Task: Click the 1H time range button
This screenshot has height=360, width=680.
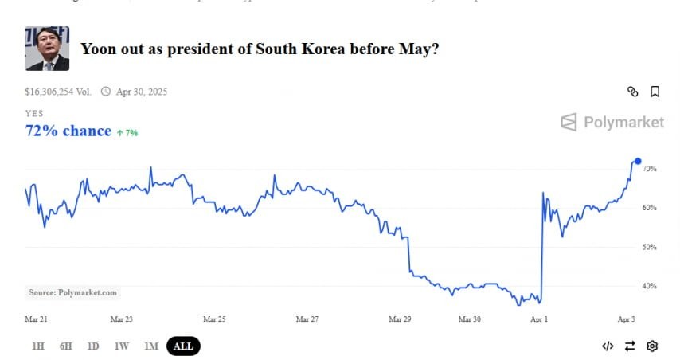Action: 38,346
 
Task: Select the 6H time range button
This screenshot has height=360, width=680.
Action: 65,346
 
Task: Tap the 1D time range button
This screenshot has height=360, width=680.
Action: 93,346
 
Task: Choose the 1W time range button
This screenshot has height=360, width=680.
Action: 122,346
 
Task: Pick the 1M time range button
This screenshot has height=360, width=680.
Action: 151,346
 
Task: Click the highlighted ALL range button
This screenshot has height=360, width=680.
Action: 183,346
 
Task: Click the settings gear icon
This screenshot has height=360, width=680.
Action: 652,346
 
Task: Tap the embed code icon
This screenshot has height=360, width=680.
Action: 608,346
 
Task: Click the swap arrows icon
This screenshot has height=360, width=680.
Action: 630,346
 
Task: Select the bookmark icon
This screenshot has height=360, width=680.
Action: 655,92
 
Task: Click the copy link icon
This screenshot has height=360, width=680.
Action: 633,92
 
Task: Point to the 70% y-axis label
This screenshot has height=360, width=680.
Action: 649,169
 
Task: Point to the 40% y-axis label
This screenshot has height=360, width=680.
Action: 649,286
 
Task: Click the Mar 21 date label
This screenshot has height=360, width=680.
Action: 37,319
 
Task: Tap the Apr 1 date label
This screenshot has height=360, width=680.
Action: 539,319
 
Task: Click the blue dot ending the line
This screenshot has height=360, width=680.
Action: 638,161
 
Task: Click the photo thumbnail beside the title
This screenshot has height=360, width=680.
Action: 47,49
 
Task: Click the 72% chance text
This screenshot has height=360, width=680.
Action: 68,131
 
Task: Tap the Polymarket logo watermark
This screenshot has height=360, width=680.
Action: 612,122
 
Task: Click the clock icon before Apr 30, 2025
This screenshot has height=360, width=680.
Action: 106,92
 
